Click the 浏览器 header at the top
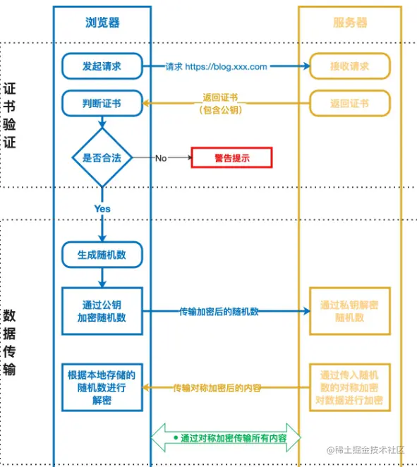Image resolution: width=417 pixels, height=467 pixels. point(102,23)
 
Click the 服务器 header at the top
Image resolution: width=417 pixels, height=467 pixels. point(350,23)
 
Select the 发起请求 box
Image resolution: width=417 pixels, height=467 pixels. point(102,66)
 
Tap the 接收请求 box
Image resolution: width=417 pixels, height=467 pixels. point(350,66)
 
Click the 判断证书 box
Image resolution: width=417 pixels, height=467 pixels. point(102,104)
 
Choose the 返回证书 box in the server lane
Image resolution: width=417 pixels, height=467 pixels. point(350,104)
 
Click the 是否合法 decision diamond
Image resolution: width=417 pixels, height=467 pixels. point(102,158)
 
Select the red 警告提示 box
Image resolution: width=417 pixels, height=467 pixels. point(232,158)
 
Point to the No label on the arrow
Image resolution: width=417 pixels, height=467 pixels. point(161,158)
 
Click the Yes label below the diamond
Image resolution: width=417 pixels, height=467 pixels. point(102,209)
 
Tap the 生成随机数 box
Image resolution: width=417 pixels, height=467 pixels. point(102,255)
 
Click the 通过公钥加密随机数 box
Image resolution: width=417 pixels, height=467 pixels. point(103,311)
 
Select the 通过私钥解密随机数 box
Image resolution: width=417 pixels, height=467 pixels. point(350,311)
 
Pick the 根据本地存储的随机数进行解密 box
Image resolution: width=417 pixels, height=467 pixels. point(102,387)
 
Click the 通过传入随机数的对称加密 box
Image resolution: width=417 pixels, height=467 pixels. point(350,387)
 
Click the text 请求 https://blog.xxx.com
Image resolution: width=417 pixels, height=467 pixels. point(217,67)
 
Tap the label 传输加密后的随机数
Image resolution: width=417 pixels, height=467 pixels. point(218,311)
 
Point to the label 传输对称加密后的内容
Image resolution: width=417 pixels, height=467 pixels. point(218,387)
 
